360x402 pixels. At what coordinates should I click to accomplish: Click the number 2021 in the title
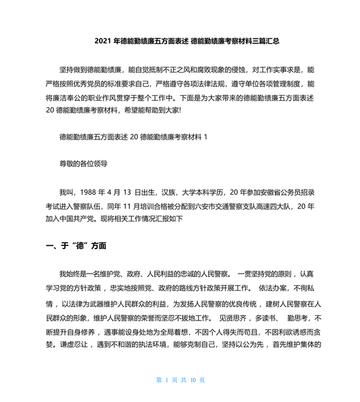coord(103,40)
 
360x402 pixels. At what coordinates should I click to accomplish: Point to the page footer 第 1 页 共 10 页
coord(181,380)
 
